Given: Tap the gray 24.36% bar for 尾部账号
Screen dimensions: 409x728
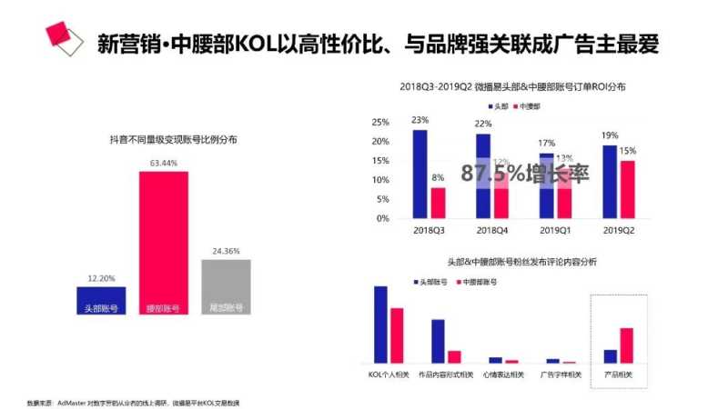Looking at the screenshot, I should point(226,286).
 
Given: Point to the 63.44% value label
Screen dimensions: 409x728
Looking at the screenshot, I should point(164,164).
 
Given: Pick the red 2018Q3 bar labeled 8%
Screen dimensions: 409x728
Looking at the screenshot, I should point(438,203).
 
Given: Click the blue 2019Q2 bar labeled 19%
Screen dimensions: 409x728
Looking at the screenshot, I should point(609,182).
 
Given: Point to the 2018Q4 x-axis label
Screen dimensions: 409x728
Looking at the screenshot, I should point(491,231).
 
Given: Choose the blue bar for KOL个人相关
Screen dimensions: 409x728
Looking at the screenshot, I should point(380,324).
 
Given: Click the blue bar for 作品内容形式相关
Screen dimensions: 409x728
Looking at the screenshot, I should point(438,341).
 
